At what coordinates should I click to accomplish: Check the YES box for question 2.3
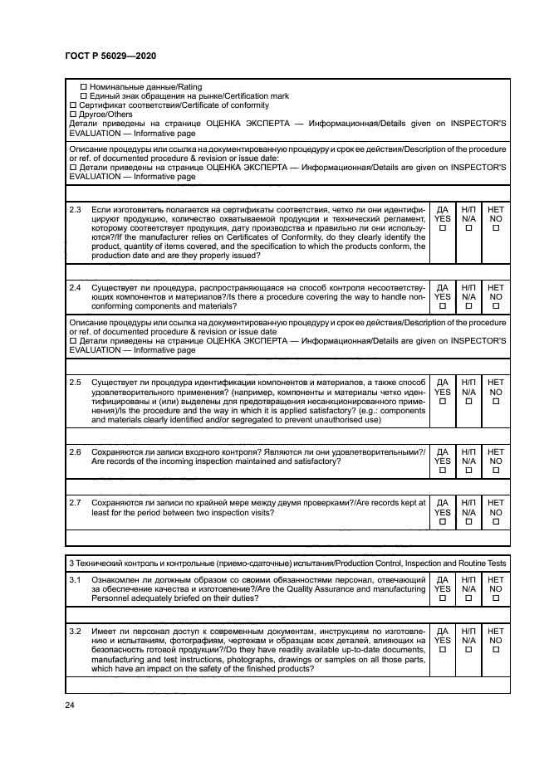(443, 229)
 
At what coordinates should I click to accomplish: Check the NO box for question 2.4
(496, 305)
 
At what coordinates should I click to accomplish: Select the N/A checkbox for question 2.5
(469, 401)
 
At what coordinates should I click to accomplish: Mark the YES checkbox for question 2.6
(443, 471)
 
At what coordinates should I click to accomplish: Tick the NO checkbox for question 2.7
(496, 522)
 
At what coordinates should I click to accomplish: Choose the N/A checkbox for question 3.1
(469, 598)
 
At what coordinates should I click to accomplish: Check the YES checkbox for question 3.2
(443, 650)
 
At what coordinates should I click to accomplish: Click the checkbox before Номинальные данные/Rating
(83, 87)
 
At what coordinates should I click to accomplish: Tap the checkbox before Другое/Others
(71, 115)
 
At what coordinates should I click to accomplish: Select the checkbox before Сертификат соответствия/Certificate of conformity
(71, 105)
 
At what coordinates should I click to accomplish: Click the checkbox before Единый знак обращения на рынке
(83, 96)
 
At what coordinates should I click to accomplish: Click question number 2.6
(76, 451)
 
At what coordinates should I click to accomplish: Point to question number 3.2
(76, 631)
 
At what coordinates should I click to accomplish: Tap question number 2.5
(76, 382)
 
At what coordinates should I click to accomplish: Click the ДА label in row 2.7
(443, 502)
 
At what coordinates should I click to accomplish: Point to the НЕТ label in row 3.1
(496, 578)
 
